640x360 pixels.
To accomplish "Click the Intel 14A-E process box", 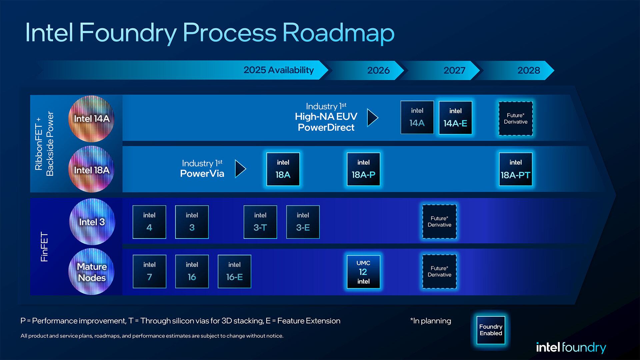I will tap(455, 118).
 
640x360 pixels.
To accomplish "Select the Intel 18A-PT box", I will tap(515, 169).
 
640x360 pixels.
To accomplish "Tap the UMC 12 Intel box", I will tap(363, 272).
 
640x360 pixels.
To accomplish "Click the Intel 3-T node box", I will tap(260, 222).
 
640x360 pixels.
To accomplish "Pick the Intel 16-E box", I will tap(234, 271).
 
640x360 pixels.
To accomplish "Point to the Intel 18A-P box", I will tap(363, 169).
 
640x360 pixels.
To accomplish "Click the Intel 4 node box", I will tap(149, 222).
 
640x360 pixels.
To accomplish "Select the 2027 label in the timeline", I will tap(454, 70).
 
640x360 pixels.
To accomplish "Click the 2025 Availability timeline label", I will tap(278, 70).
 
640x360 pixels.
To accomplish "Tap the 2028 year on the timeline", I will tap(529, 70).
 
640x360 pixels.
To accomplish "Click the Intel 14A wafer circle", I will tap(91, 119).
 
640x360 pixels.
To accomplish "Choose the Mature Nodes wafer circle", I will tap(92, 272).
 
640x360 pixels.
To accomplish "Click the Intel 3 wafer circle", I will tap(92, 222).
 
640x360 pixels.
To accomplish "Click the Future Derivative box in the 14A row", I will tap(515, 118).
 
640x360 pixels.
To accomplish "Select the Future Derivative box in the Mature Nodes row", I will tap(439, 271).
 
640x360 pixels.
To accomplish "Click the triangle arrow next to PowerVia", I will tap(240, 169).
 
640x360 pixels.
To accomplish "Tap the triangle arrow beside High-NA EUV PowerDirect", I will tap(372, 117).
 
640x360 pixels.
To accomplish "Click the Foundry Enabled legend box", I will tap(491, 330).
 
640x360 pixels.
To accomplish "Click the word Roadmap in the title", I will tap(338, 33).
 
